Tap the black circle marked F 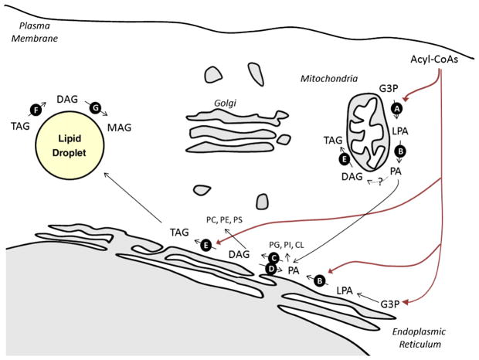coord(34,110)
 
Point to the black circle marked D coord(270,268)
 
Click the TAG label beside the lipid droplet coord(17,125)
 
